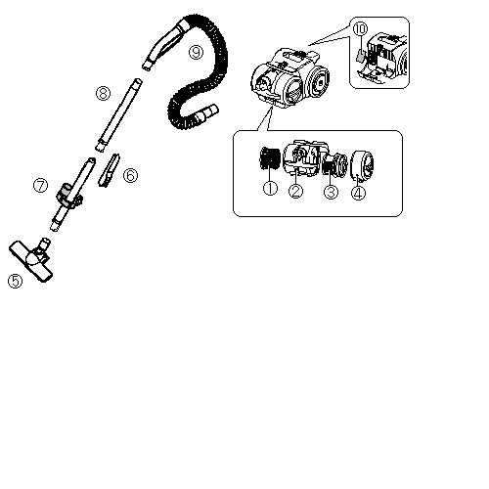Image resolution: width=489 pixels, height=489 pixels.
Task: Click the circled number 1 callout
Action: pos(270,189)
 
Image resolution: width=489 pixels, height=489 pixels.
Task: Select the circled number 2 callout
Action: pos(295,191)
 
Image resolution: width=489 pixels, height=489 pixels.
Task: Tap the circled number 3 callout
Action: pos(331,192)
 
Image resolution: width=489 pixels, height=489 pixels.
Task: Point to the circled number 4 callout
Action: pos(358,193)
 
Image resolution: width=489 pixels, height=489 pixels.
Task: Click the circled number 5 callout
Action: pos(16,281)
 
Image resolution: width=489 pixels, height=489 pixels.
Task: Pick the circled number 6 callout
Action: pos(130,175)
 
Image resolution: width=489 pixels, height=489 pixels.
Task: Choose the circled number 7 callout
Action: pos(40,186)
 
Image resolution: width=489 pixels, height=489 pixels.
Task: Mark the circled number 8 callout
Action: pos(103,94)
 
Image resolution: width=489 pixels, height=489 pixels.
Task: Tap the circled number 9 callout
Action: pos(197,52)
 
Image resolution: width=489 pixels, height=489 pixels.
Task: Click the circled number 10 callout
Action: pos(360,28)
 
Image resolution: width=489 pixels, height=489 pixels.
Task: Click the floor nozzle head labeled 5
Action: pos(31,260)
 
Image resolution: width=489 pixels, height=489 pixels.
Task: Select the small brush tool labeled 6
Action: pos(110,170)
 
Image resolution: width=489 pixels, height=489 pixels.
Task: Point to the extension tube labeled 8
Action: pos(118,114)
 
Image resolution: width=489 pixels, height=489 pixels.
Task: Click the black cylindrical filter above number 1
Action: pos(270,157)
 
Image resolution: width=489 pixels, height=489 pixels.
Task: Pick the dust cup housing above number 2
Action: pos(304,158)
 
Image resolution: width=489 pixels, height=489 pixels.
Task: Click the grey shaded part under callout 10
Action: pos(360,56)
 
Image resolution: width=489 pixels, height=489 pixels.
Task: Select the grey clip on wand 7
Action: pos(65,190)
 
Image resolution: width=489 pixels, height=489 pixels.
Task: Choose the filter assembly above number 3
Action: pos(335,164)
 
